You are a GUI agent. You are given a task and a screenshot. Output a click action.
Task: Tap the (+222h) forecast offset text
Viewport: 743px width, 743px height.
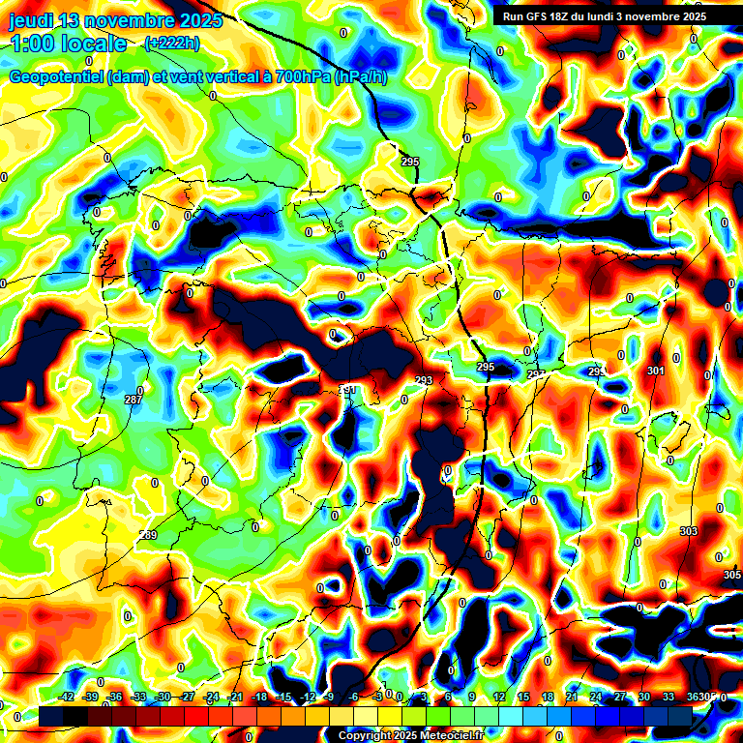[x=172, y=43]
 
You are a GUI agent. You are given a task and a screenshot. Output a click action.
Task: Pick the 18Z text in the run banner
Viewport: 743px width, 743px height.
[x=560, y=16]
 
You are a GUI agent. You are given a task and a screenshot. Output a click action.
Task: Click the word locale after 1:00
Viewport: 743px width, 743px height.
[x=91, y=44]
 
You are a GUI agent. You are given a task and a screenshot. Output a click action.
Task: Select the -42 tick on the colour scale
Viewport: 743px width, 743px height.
[x=66, y=697]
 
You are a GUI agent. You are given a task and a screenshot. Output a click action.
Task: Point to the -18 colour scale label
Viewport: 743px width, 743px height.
[x=259, y=697]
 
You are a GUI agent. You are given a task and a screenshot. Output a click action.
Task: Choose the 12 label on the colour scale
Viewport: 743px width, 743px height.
[x=499, y=697]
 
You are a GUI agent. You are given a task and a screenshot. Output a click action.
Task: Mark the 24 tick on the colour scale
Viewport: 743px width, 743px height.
[x=596, y=697]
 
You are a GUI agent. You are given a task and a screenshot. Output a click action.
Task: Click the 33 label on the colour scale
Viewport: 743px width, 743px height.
[x=669, y=697]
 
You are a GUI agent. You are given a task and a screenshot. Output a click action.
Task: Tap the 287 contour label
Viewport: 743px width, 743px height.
[x=134, y=400]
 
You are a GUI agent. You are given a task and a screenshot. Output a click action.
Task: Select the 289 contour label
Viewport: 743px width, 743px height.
[x=148, y=535]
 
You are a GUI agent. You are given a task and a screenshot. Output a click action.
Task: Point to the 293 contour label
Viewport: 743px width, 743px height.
[x=424, y=380]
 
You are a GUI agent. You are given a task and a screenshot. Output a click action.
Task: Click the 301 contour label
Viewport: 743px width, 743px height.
[x=656, y=371]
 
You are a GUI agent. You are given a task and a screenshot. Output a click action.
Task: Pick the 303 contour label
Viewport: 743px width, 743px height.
[x=688, y=532]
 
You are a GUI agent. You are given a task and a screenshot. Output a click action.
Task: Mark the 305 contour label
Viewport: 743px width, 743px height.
[x=731, y=575]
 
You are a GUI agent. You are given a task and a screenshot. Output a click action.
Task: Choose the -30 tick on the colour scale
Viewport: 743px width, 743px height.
[x=163, y=697]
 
